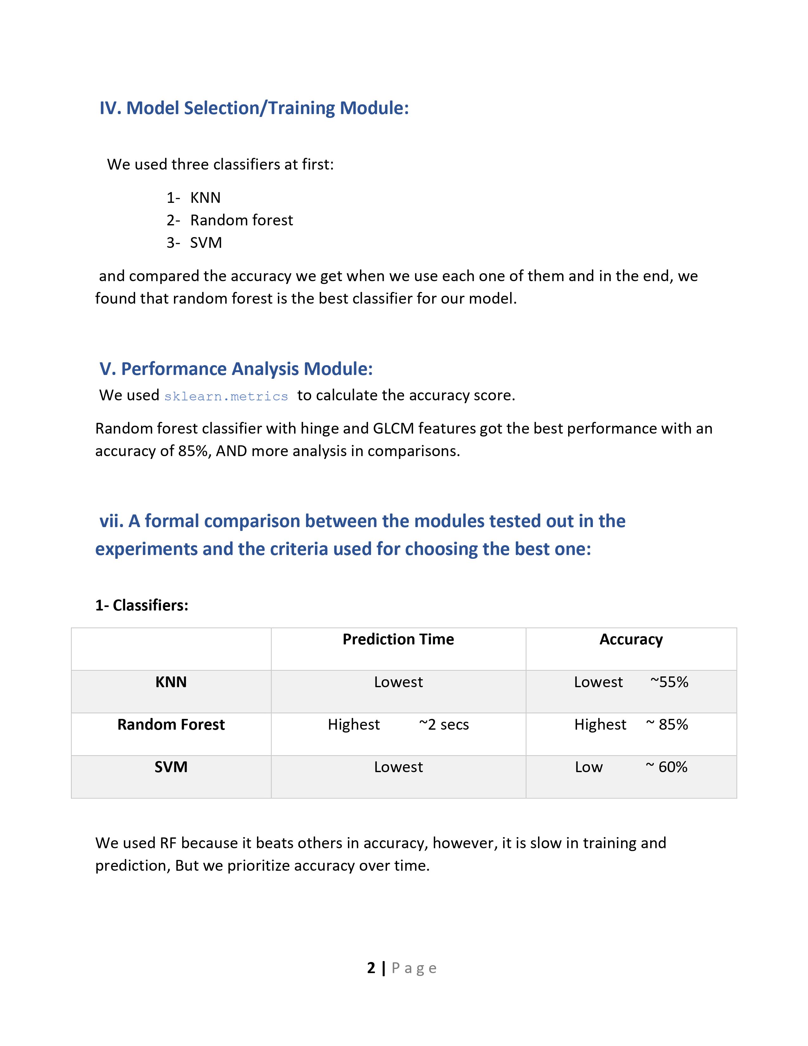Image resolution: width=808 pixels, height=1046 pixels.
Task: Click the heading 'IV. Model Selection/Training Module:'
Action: click(254, 108)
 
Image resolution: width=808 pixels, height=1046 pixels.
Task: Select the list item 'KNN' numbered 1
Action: click(205, 198)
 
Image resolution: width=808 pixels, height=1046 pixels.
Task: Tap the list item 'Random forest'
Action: click(241, 220)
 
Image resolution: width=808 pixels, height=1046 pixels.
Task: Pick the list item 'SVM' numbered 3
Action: click(206, 243)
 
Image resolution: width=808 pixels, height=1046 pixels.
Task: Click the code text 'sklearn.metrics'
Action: click(226, 397)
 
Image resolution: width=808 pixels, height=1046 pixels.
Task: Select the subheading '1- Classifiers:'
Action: click(142, 605)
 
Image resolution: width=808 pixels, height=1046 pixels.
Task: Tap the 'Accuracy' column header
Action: click(631, 639)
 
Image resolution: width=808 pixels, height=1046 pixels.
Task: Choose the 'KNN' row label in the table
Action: click(171, 682)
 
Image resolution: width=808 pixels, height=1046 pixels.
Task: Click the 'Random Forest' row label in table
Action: click(171, 725)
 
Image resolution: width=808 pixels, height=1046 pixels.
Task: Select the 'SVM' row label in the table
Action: click(171, 767)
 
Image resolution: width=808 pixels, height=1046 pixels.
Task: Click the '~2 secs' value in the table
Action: click(444, 725)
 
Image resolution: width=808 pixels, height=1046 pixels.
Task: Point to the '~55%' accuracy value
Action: click(669, 682)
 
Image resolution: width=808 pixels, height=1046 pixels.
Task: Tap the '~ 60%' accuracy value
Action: click(666, 767)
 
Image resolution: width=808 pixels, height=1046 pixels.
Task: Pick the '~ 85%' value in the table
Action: click(667, 725)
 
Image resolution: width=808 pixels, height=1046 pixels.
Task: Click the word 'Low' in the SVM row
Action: click(589, 767)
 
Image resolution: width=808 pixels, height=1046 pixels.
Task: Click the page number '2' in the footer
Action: click(371, 968)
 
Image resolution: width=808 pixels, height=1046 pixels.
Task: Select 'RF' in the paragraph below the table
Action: click(168, 843)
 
